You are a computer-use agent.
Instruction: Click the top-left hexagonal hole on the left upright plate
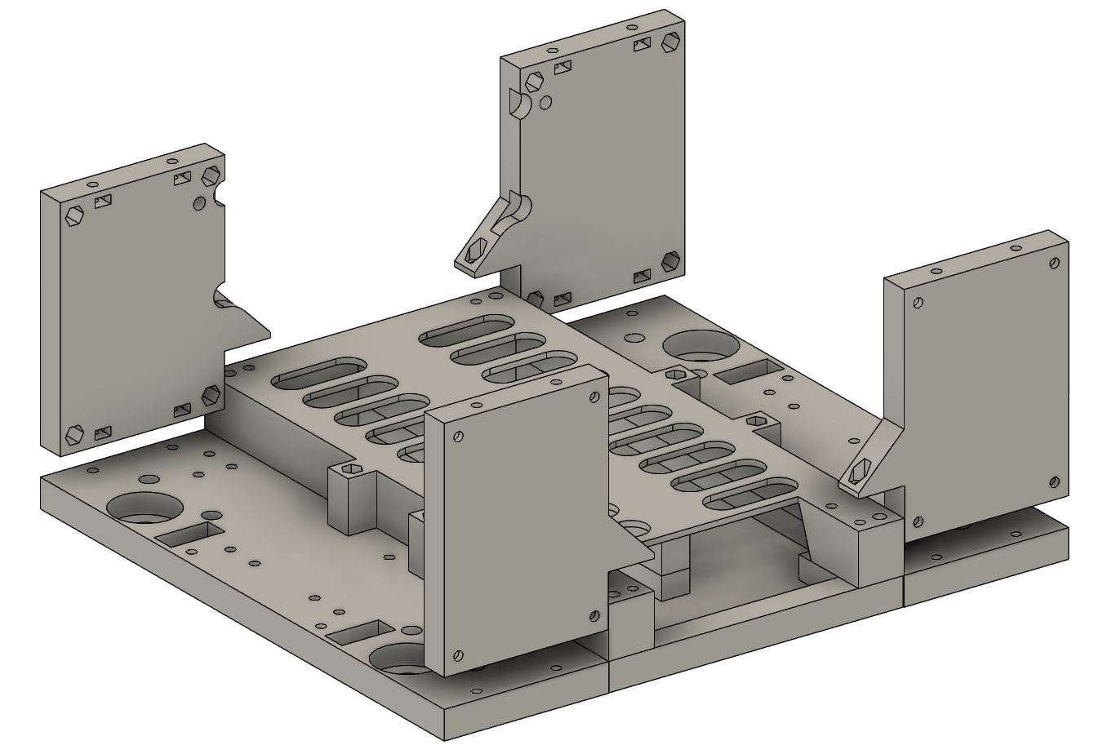click(73, 215)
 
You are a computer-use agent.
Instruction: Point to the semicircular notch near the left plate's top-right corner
click(220, 194)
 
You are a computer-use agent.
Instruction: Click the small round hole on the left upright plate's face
click(199, 202)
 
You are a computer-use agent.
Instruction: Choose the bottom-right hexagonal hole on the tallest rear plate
click(671, 260)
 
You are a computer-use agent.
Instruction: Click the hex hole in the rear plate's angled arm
click(474, 254)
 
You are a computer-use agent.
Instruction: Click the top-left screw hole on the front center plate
click(459, 437)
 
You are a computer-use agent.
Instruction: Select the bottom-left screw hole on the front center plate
click(457, 654)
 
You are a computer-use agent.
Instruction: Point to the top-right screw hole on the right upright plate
click(1055, 264)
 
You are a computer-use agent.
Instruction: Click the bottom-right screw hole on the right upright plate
click(1054, 481)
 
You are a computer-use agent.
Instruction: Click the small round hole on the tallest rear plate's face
click(546, 103)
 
